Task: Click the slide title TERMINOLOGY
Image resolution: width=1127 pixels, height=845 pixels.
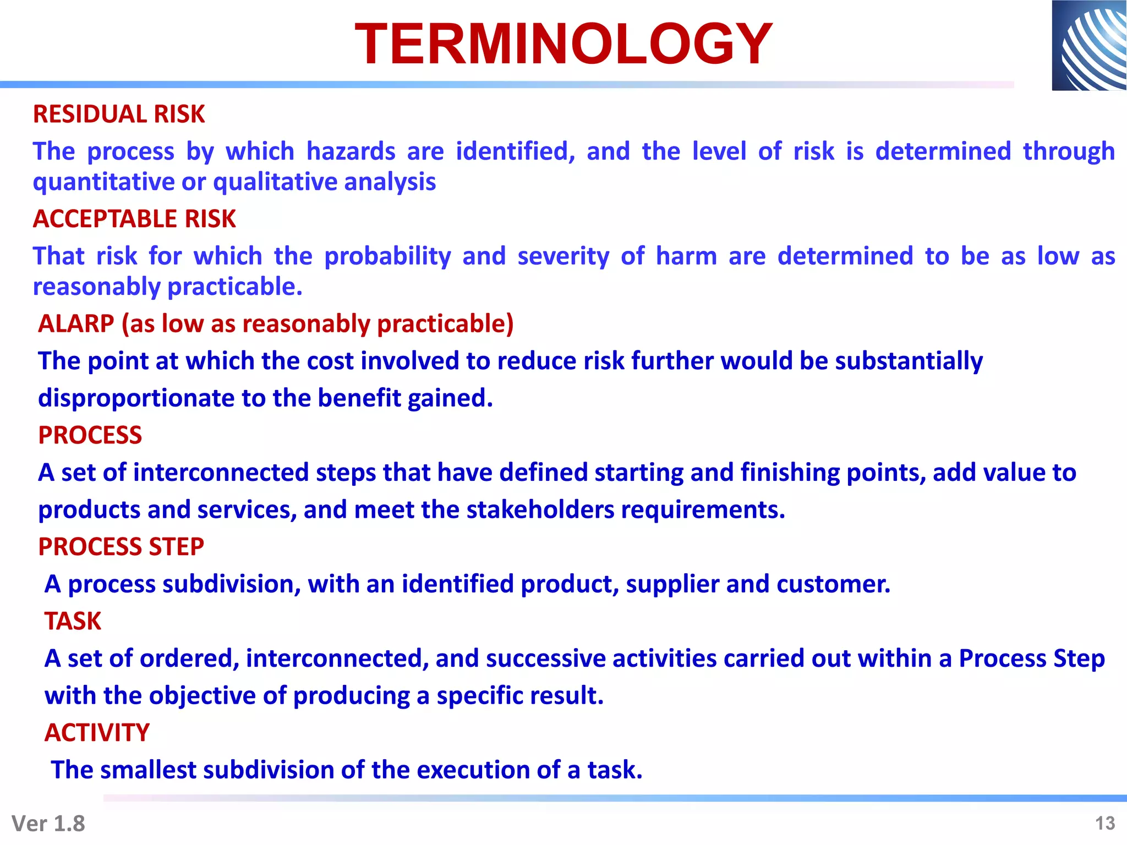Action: pyautogui.click(x=563, y=44)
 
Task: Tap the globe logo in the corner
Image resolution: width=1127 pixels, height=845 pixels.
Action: pyautogui.click(x=1088, y=45)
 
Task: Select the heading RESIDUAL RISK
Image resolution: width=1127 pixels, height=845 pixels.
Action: pyautogui.click(x=119, y=114)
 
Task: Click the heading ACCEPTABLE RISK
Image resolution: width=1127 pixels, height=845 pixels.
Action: pyautogui.click(x=134, y=219)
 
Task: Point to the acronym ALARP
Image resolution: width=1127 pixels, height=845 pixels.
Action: pyautogui.click(x=76, y=323)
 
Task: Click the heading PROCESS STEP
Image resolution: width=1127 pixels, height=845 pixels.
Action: pyautogui.click(x=121, y=547)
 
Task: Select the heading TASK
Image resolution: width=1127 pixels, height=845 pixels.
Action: pyautogui.click(x=73, y=621)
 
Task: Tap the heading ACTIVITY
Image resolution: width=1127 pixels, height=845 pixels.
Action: pyautogui.click(x=97, y=733)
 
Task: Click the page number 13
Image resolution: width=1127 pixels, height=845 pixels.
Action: pyautogui.click(x=1104, y=823)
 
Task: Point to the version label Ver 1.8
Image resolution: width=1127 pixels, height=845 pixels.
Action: pyautogui.click(x=48, y=824)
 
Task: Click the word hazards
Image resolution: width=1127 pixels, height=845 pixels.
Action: pyautogui.click(x=351, y=151)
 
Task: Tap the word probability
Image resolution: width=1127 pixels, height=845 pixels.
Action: pyautogui.click(x=387, y=256)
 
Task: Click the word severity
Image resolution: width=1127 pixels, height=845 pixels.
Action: pyautogui.click(x=563, y=256)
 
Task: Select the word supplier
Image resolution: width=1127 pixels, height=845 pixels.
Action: pyautogui.click(x=672, y=584)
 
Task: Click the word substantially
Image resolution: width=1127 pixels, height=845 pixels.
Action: pyautogui.click(x=909, y=361)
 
